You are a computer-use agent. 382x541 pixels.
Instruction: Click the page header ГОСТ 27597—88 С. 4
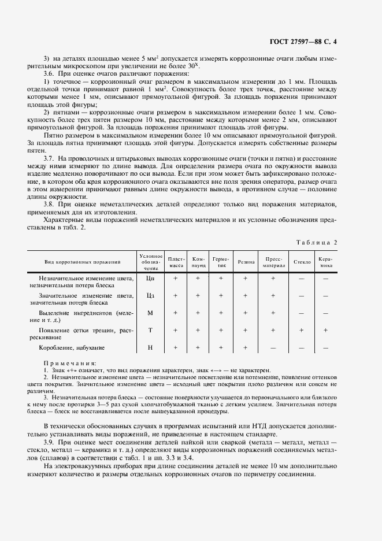click(321, 42)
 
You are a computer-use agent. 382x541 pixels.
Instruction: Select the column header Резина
click(246, 262)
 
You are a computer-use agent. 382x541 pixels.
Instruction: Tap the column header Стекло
click(302, 262)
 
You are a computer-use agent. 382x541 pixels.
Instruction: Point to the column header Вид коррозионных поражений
click(82, 262)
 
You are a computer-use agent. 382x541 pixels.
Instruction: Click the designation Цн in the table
click(150, 278)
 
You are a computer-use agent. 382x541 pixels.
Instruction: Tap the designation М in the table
click(150, 313)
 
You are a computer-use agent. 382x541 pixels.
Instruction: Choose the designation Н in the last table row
click(150, 347)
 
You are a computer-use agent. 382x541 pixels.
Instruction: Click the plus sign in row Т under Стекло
click(302, 330)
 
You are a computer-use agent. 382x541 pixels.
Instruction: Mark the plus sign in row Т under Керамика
click(325, 330)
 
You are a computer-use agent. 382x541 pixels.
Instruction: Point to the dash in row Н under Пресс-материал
click(273, 348)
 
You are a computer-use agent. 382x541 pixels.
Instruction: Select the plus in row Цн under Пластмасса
click(175, 278)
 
